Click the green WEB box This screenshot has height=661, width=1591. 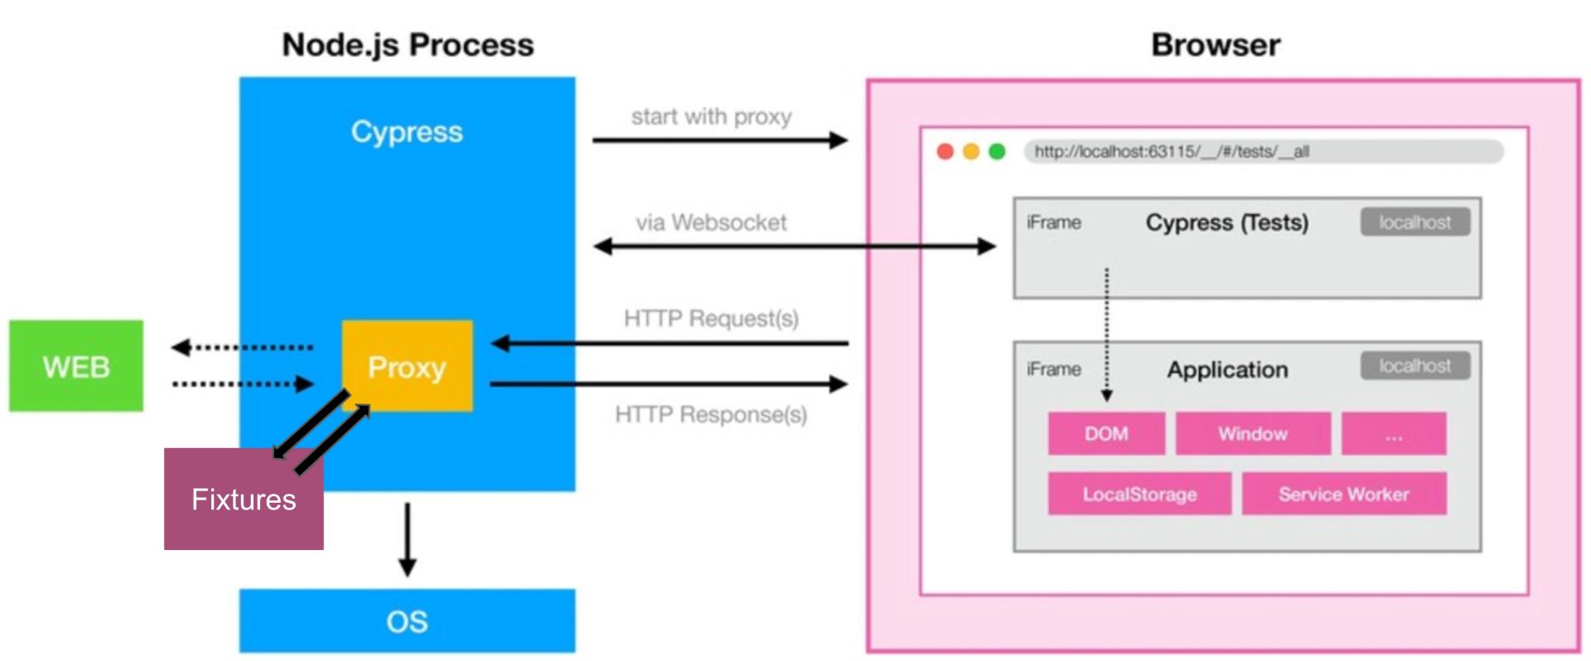75,365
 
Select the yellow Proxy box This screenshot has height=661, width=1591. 407,365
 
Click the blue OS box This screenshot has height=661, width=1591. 407,621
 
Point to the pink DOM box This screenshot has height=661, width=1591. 1106,433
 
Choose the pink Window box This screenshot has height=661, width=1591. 1252,433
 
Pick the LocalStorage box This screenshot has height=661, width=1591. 1139,494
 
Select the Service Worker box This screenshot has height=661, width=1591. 1343,494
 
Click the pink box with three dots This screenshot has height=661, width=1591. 1394,433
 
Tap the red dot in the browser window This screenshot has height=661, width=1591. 945,152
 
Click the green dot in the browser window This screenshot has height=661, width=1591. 997,152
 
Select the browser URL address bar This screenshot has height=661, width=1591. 1263,152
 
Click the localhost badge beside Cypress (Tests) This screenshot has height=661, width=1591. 1414,222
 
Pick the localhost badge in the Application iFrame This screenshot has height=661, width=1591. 1414,365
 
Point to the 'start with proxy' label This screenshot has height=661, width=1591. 711,117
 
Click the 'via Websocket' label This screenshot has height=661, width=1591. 711,222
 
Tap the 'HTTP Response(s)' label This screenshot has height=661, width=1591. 711,414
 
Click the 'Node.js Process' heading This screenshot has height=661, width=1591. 408,45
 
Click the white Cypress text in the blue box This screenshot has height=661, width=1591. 407,132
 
